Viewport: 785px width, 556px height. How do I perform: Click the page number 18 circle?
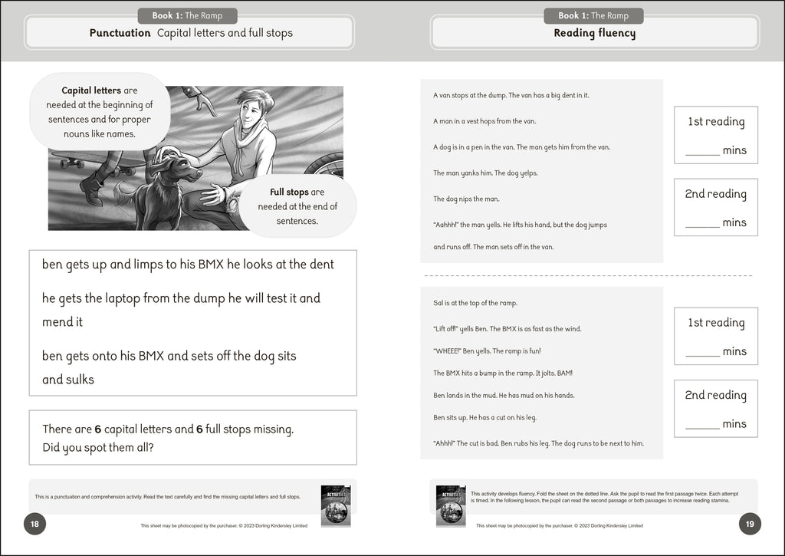pos(34,525)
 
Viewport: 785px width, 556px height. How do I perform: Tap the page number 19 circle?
pos(750,525)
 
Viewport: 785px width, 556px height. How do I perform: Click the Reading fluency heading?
pos(594,33)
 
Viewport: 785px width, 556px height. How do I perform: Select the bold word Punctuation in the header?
pos(120,33)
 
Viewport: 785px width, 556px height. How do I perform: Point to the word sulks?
pos(80,380)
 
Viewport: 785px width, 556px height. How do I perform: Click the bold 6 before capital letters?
pos(97,429)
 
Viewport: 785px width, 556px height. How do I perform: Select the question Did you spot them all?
pos(98,447)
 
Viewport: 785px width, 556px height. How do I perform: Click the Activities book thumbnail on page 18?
pos(336,505)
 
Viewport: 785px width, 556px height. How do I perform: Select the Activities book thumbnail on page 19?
pos(451,505)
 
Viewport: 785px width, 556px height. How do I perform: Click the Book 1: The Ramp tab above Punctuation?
pos(188,15)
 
